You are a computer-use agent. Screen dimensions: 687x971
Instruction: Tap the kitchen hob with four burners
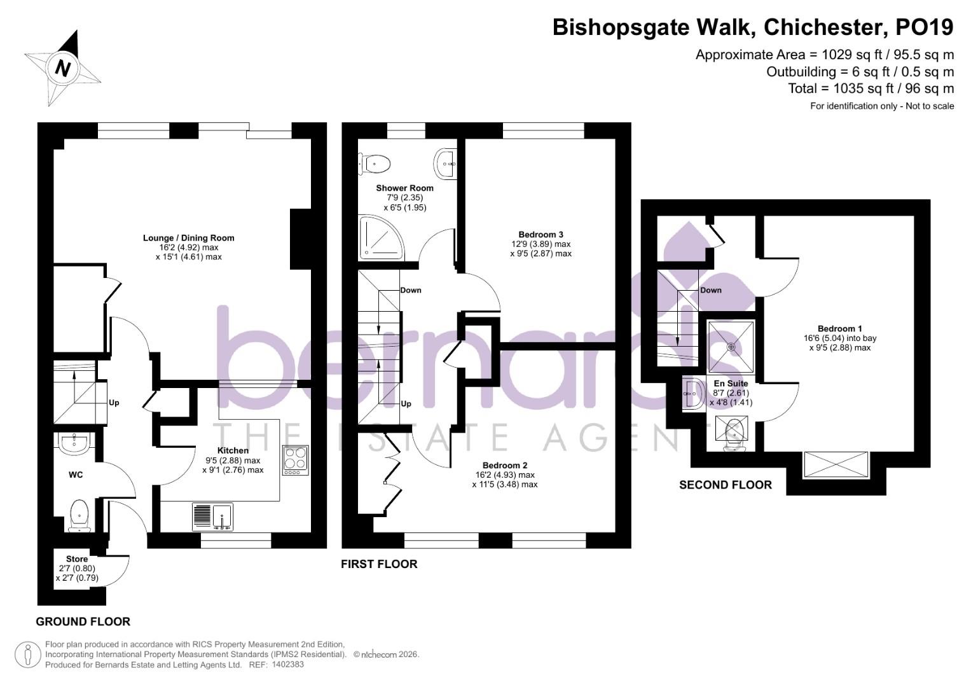click(296, 460)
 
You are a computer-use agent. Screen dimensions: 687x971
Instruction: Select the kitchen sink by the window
click(213, 517)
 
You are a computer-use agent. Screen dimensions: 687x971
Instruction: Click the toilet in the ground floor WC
click(79, 514)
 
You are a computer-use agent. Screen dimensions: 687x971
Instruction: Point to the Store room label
click(77, 559)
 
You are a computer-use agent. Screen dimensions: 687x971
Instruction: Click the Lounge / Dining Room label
click(188, 238)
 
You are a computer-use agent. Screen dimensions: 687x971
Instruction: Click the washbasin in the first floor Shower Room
click(446, 164)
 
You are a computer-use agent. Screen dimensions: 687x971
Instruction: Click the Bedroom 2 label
click(504, 465)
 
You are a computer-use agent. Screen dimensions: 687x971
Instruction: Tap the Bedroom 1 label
click(839, 329)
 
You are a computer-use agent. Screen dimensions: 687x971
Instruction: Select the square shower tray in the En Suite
click(731, 347)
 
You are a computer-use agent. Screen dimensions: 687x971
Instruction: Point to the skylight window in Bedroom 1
click(836, 464)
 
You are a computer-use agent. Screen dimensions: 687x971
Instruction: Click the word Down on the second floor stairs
click(710, 290)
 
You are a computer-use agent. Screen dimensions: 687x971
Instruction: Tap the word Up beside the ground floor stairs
click(114, 403)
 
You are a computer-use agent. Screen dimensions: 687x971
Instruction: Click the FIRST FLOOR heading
click(379, 564)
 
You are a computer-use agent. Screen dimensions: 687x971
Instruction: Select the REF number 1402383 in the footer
click(287, 665)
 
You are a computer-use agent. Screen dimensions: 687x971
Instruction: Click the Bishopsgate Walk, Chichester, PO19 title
click(753, 28)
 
